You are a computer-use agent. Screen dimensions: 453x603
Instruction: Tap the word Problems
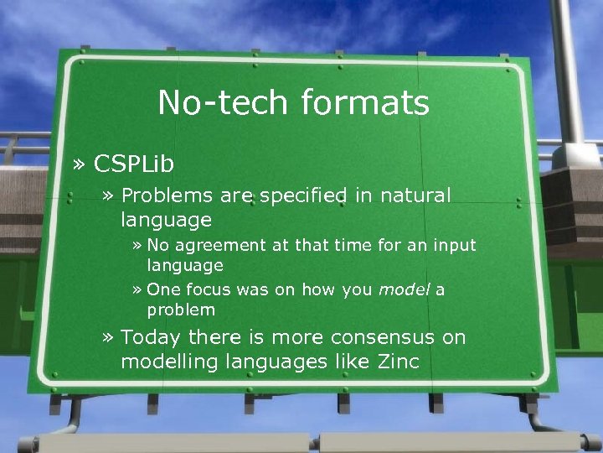coord(167,196)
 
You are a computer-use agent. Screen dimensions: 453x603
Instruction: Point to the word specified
coord(303,196)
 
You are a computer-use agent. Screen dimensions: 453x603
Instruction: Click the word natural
coord(415,196)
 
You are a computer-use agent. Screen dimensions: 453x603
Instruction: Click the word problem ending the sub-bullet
coord(181,310)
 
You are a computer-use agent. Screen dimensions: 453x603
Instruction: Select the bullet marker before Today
coord(107,338)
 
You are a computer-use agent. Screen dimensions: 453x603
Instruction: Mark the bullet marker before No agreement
coord(137,247)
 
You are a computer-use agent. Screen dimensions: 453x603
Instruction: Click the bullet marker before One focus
coord(137,291)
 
